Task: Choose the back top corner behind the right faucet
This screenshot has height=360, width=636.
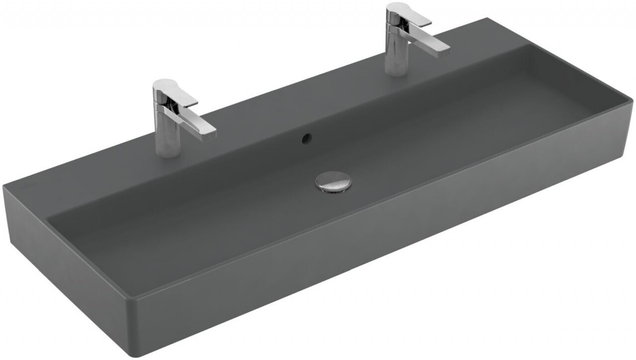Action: coord(489,19)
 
